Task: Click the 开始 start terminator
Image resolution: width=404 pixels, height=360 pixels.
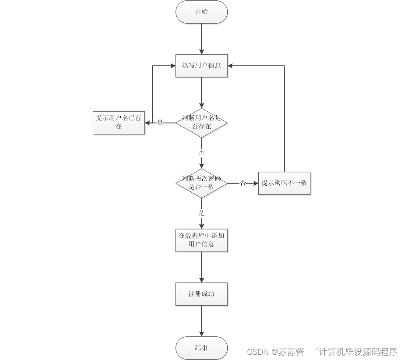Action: [201, 12]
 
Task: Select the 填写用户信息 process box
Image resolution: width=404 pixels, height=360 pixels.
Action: [201, 66]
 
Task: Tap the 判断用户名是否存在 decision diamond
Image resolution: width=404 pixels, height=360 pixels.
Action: [201, 123]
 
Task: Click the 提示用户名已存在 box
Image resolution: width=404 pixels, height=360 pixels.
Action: [119, 123]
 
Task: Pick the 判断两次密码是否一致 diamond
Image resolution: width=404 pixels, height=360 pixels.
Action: [201, 183]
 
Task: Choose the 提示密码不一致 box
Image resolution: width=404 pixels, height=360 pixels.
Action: [284, 183]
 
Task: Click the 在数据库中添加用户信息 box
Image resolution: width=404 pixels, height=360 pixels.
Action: [201, 240]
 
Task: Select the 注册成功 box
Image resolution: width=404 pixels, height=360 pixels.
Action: [201, 294]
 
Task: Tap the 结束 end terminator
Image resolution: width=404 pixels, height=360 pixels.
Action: [201, 348]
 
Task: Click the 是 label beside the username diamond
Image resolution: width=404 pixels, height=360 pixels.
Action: [160, 123]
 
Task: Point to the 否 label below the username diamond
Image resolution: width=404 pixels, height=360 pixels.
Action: [201, 153]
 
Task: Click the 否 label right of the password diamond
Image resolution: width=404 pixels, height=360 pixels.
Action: [243, 183]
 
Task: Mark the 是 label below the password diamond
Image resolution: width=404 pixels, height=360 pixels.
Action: [201, 213]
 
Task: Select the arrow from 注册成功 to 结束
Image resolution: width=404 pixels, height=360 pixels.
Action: [201, 321]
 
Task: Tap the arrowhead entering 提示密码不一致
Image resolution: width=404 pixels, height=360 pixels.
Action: [255, 183]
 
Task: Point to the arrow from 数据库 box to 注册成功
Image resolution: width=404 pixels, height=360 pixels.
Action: [201, 267]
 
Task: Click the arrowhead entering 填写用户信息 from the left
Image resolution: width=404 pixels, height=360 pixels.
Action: [172, 66]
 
